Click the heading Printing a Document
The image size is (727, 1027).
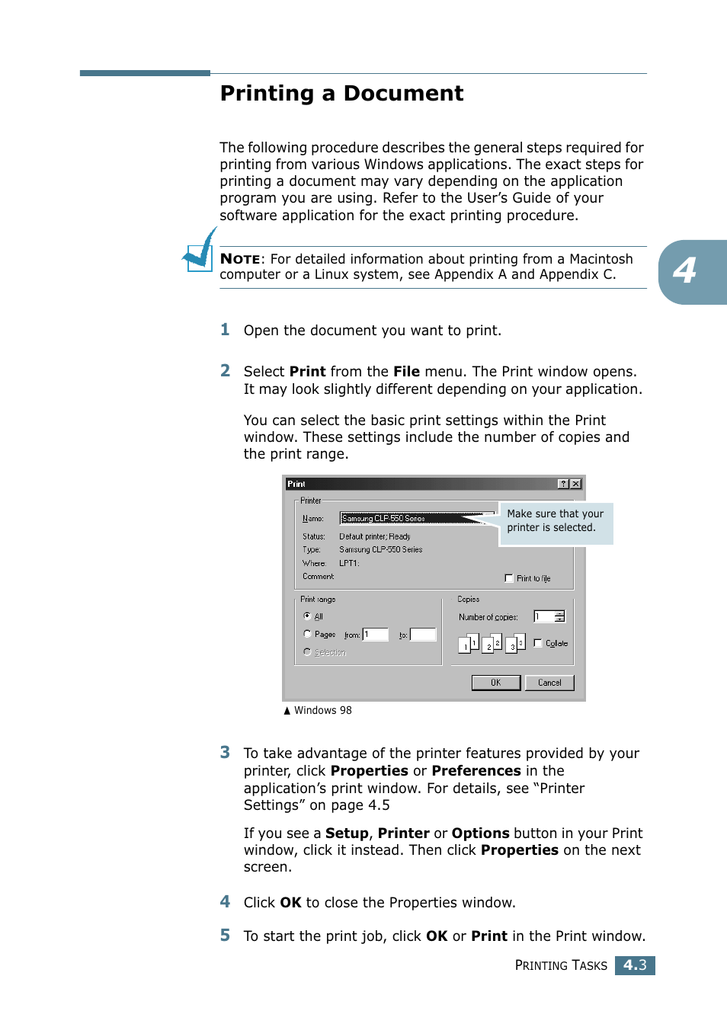341,94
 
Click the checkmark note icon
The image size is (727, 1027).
200,251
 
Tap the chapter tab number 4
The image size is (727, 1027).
685,271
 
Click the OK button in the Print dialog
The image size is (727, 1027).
495,683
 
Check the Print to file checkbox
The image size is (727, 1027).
509,578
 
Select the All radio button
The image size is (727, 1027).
307,616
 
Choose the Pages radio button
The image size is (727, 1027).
307,634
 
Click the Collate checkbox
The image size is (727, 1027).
538,643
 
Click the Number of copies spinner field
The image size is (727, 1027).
549,616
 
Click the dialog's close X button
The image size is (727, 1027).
576,484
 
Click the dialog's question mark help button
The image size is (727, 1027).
563,484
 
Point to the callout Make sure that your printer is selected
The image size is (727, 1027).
556,521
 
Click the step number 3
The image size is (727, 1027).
225,753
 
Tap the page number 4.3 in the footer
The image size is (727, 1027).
635,965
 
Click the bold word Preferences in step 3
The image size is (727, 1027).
476,771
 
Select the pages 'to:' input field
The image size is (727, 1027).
423,635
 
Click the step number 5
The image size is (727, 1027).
225,936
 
